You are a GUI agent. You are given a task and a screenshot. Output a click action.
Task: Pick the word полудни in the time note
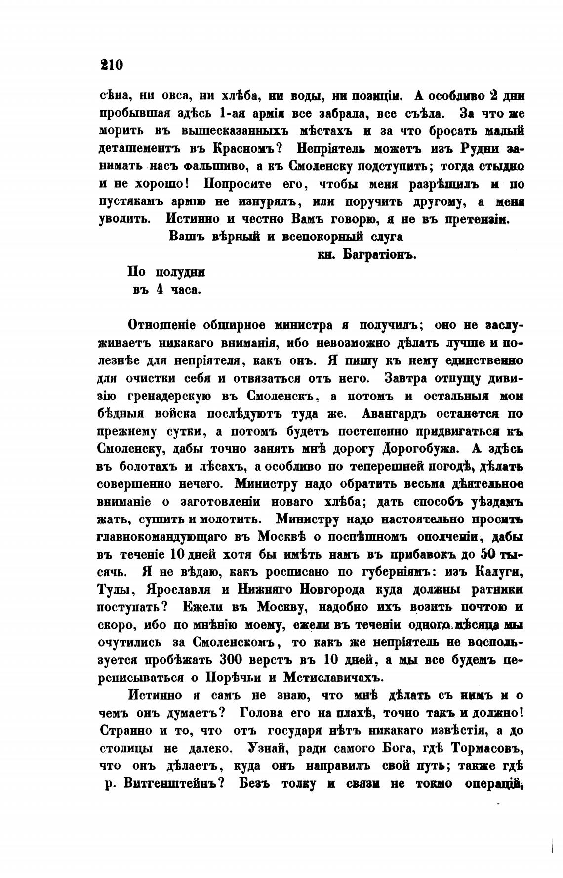click(x=180, y=272)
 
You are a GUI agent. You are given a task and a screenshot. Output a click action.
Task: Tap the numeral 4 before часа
click(x=160, y=290)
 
